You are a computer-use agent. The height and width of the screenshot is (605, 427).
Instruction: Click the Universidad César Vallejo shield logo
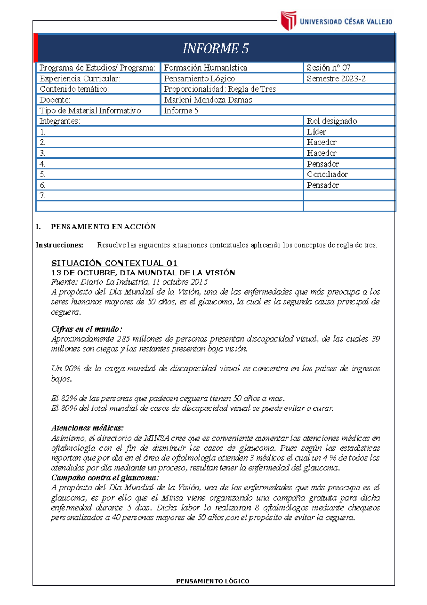pyautogui.click(x=288, y=20)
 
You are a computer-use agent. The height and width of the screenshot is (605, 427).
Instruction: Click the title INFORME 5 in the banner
pyautogui.click(x=216, y=48)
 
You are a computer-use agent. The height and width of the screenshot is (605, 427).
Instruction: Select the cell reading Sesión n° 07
pyautogui.click(x=328, y=68)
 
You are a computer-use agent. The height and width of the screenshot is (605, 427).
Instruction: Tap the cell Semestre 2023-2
pyautogui.click(x=336, y=78)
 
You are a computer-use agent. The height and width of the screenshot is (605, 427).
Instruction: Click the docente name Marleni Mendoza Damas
pyautogui.click(x=208, y=100)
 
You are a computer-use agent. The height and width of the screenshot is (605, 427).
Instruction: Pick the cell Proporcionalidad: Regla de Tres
pyautogui.click(x=220, y=89)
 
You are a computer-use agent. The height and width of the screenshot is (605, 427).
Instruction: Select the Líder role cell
pyautogui.click(x=316, y=132)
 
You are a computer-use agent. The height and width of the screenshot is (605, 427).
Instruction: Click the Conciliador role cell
pyautogui.click(x=327, y=174)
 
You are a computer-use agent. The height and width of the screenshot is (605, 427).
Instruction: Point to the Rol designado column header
pyautogui.click(x=332, y=121)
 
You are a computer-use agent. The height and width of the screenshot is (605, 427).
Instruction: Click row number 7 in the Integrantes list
pyautogui.click(x=43, y=196)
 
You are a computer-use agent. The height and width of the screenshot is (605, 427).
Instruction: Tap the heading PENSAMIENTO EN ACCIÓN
pyautogui.click(x=103, y=227)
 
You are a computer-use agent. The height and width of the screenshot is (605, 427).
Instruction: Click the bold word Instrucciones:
pyautogui.click(x=59, y=245)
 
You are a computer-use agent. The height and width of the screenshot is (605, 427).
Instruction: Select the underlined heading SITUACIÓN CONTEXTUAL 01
pyautogui.click(x=114, y=263)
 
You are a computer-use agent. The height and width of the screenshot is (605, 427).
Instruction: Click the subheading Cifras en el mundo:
pyautogui.click(x=86, y=329)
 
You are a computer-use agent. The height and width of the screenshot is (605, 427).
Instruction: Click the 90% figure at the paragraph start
pyautogui.click(x=72, y=368)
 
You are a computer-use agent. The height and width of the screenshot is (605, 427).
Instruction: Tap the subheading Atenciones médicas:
pyautogui.click(x=87, y=428)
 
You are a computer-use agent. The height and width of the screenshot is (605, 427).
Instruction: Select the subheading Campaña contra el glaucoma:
pyautogui.click(x=105, y=477)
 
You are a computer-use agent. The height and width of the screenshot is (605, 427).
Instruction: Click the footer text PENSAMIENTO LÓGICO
pyautogui.click(x=213, y=581)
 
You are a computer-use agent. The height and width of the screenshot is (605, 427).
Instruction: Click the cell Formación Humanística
pyautogui.click(x=205, y=68)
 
